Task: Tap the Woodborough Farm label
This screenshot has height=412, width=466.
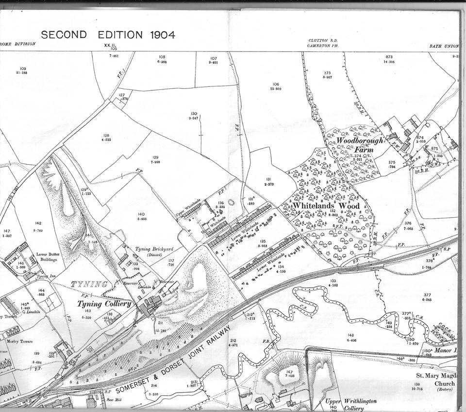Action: (360, 144)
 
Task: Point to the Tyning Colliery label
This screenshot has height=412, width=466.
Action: (104, 304)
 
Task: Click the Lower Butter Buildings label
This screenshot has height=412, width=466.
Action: (49, 257)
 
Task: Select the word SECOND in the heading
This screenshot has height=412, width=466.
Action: (64, 35)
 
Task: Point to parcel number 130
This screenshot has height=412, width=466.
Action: (194, 113)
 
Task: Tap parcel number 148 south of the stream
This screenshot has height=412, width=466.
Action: (350, 335)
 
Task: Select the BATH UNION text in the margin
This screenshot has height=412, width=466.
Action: (444, 46)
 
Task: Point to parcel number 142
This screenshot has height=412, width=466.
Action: (38, 223)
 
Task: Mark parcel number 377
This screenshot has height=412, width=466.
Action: (427, 295)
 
